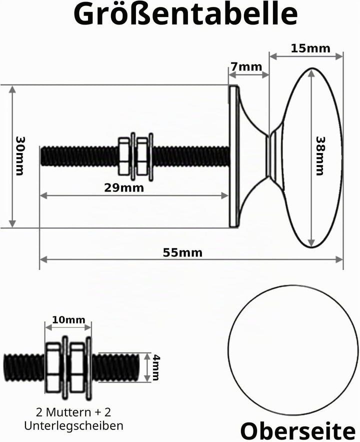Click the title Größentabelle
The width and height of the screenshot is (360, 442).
pyautogui.click(x=185, y=14)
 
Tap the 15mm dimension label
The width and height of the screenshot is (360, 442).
pyautogui.click(x=310, y=48)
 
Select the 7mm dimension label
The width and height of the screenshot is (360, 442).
pyautogui.click(x=246, y=67)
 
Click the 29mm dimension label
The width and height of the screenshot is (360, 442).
pyautogui.click(x=124, y=187)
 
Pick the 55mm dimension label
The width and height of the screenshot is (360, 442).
pyautogui.click(x=182, y=252)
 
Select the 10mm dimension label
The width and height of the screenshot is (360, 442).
pyautogui.click(x=68, y=319)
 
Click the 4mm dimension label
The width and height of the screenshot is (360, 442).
pyautogui.click(x=156, y=367)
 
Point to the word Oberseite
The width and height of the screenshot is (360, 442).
pyautogui.click(x=298, y=431)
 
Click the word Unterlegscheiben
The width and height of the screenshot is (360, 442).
pyautogui.click(x=73, y=425)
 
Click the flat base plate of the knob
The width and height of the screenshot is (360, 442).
pyautogui.click(x=233, y=156)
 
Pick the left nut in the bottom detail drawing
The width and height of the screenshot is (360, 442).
pyautogui.click(x=53, y=367)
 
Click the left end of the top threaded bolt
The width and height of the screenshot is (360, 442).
pyautogui.click(x=41, y=156)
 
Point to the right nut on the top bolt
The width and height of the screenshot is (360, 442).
pyautogui.click(x=142, y=156)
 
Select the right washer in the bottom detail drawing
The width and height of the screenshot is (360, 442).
pyautogui.click(x=89, y=368)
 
